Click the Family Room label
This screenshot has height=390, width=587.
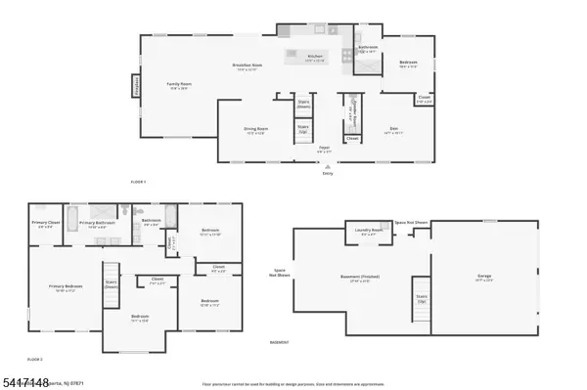click(x=179, y=85)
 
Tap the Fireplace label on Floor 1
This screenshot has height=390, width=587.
click(x=137, y=88)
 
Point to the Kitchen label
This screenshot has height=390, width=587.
click(x=315, y=57)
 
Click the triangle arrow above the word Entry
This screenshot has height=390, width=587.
click(x=327, y=166)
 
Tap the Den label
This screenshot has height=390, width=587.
click(x=393, y=128)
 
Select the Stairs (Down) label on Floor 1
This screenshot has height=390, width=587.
click(x=303, y=104)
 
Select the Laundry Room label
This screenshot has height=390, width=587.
click(x=370, y=231)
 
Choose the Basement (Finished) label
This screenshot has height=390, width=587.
click(x=360, y=278)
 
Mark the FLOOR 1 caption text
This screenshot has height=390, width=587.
click(x=138, y=183)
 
